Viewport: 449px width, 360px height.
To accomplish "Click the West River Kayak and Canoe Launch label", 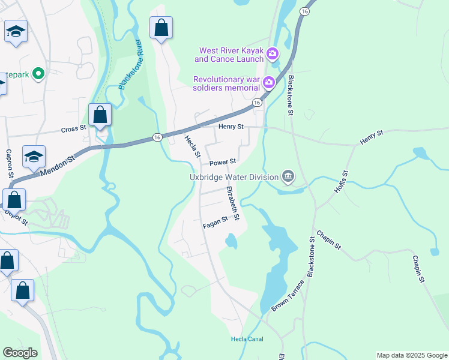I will (229, 55).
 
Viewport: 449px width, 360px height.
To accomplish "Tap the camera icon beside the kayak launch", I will (273, 55).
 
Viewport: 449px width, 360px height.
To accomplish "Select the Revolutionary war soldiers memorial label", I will (226, 83).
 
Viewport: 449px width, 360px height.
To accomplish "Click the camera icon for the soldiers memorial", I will (269, 82).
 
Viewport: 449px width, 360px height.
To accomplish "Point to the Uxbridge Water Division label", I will (234, 177).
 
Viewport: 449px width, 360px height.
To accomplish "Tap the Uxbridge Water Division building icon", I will (288, 176).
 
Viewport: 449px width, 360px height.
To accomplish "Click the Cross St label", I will (74, 129).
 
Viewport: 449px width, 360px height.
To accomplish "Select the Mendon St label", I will (57, 166).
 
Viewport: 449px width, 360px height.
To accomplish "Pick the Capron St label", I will (10, 163).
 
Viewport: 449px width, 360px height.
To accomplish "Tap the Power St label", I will (223, 162).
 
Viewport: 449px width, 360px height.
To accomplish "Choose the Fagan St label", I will (215, 221).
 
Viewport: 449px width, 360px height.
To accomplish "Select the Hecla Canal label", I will (247, 339).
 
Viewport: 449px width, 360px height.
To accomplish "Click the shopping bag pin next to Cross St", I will (100, 115).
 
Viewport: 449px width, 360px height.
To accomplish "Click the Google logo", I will (20, 353).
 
